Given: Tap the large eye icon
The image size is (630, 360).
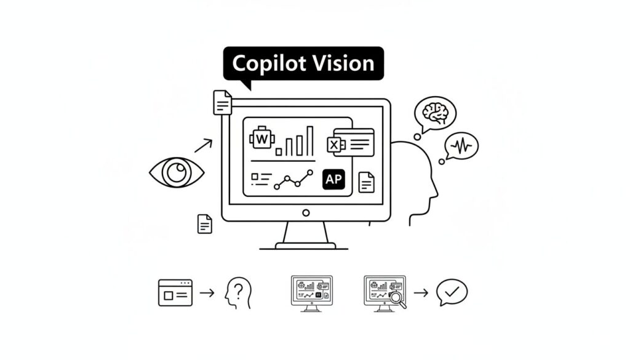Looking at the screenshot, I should click(177, 172).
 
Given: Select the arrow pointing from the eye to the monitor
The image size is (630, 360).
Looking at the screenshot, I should click(203, 145).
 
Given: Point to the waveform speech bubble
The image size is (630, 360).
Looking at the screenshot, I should click(461, 146).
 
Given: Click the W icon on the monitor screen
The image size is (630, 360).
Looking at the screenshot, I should click(262, 139).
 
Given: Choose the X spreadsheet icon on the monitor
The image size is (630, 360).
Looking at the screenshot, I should click(334, 145).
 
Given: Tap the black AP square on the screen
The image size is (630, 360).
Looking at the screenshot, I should click(334, 180).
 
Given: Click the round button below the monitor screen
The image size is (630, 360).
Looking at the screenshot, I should click(306, 213).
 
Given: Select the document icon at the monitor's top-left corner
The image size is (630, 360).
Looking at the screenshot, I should click(222, 102).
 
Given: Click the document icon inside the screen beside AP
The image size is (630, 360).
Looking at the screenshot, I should click(366, 182).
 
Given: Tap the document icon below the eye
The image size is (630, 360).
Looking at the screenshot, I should click(204, 223).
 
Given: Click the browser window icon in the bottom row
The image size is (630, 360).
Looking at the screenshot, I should click(175, 292).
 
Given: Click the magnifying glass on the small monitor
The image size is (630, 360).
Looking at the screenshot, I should click(398, 299).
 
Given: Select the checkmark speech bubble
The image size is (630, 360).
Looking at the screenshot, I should click(452, 292).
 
